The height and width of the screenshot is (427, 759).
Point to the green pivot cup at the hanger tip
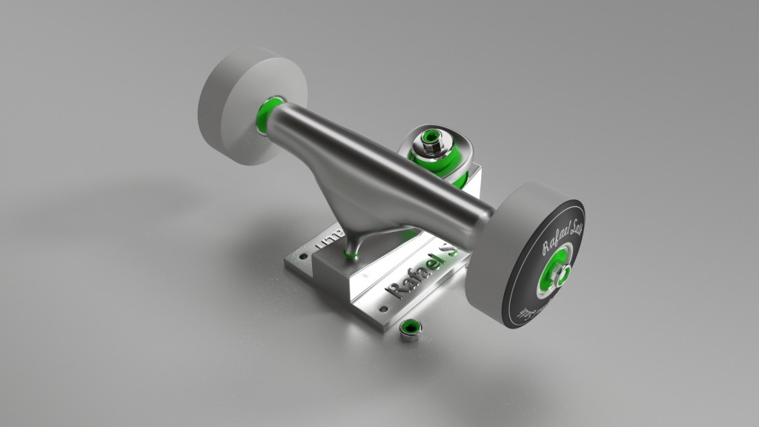click(x=351, y=256)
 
